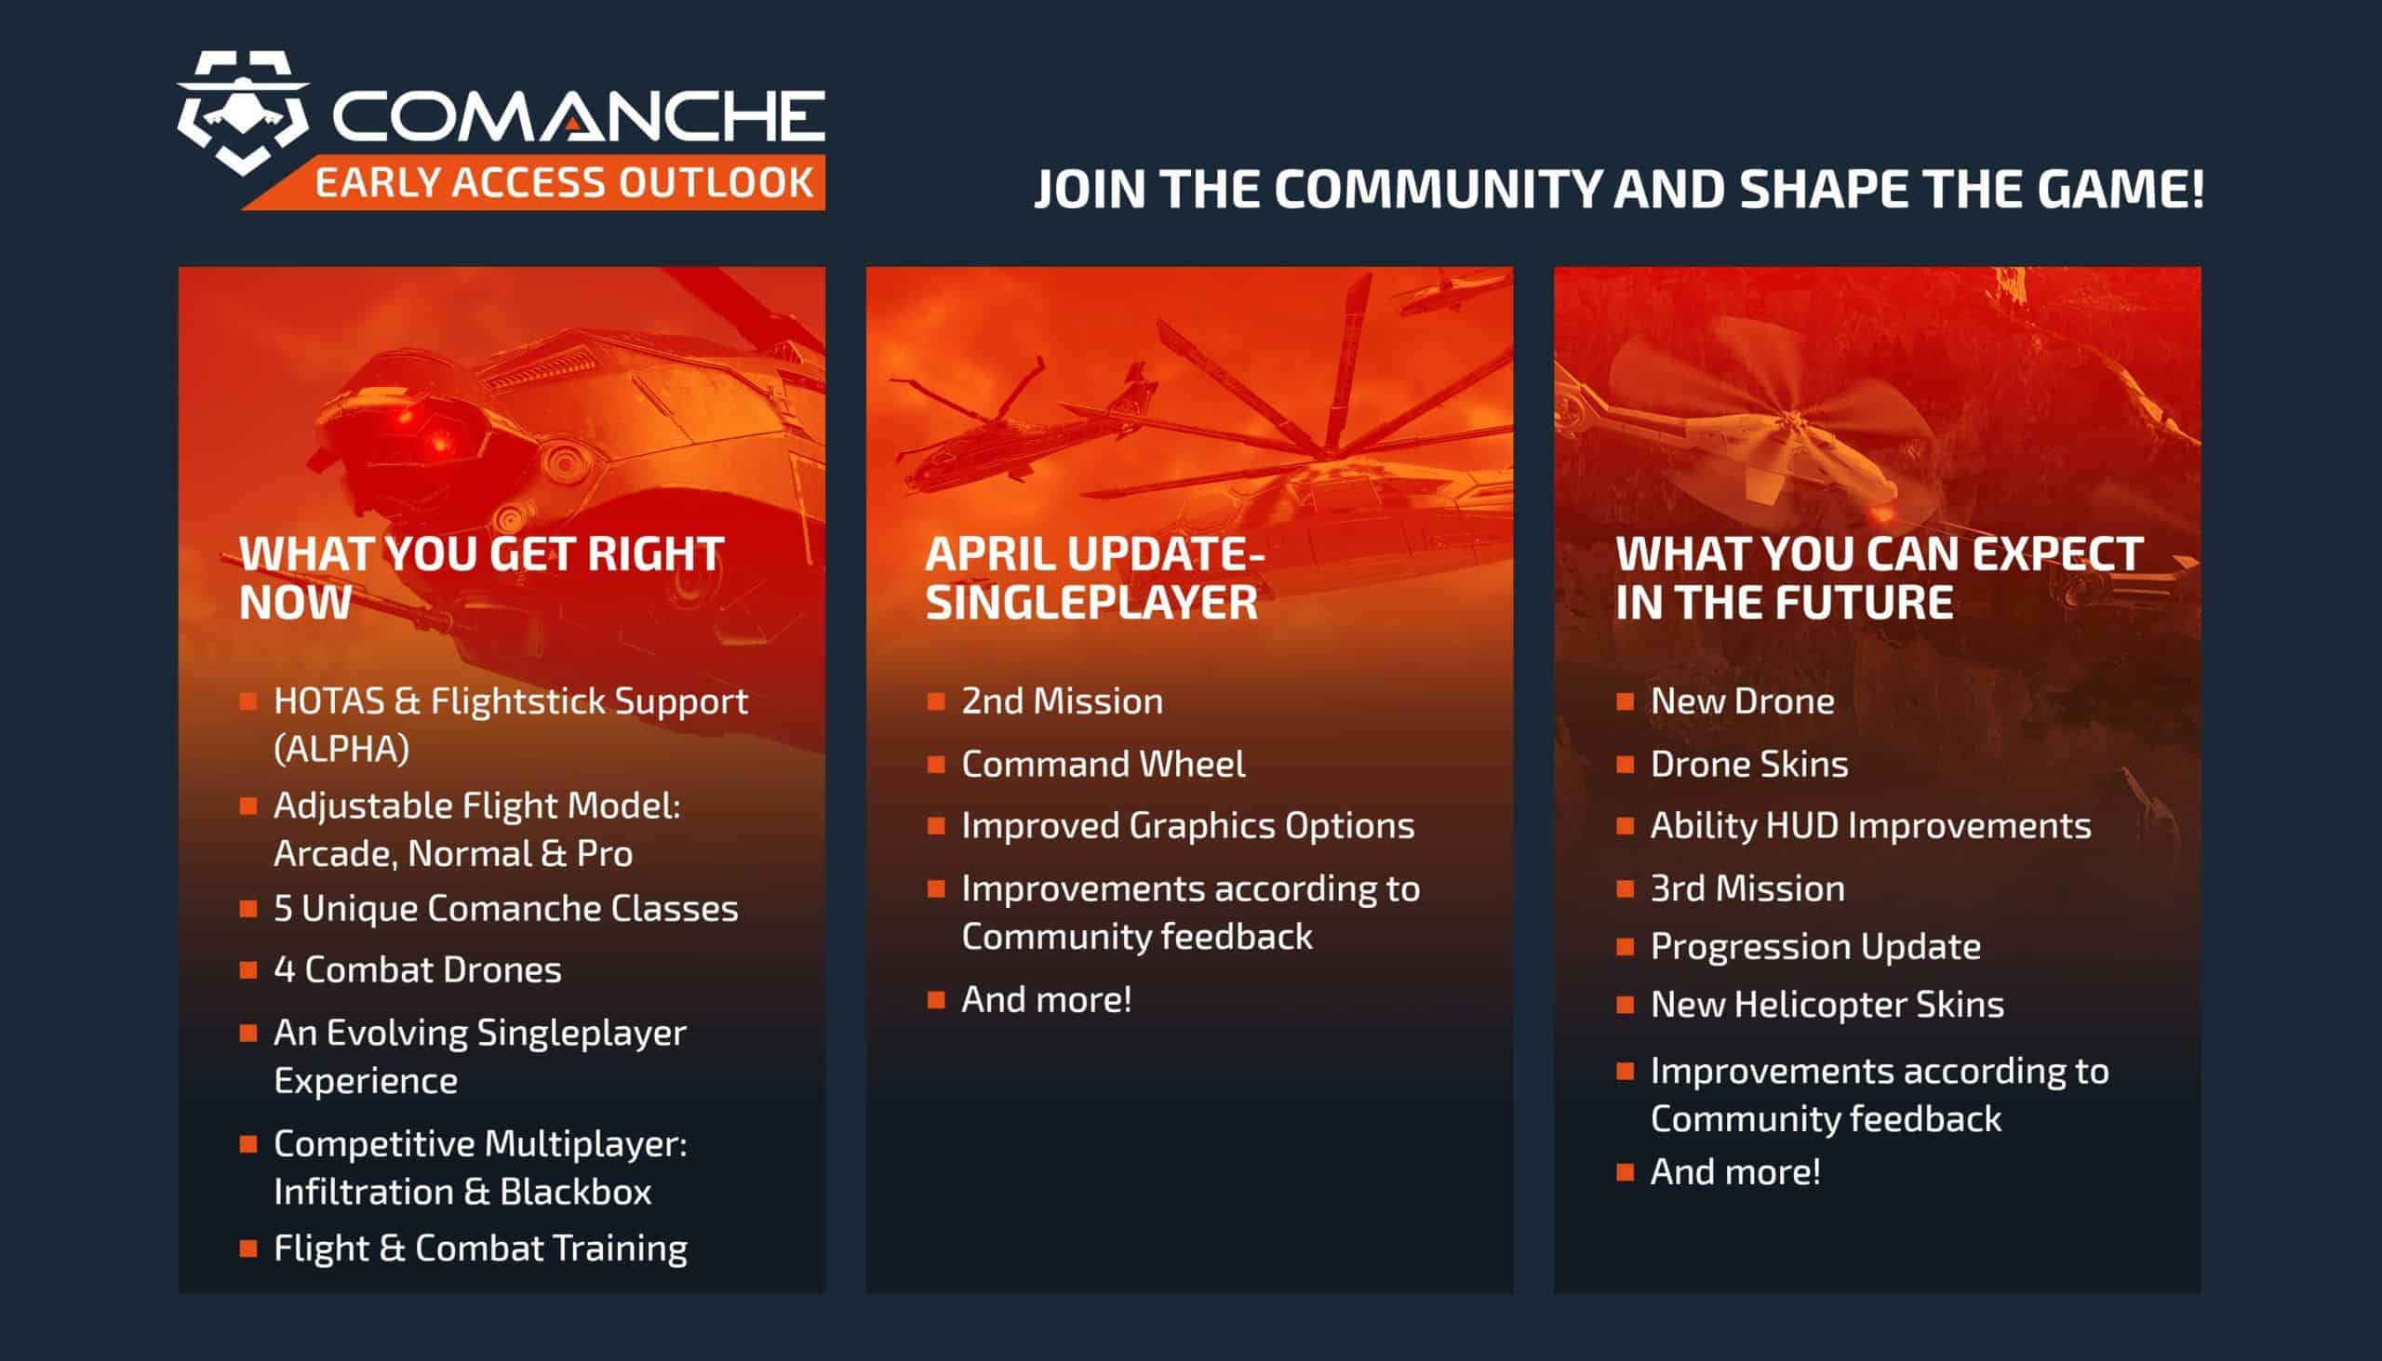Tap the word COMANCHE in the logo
[x=579, y=117]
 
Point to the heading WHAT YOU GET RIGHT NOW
[x=481, y=578]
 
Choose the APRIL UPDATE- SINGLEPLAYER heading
[x=1094, y=578]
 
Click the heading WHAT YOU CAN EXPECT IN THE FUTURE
[x=1879, y=578]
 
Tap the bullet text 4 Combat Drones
[x=417, y=970]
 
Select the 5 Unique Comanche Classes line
[x=506, y=909]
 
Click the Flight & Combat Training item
[x=480, y=1248]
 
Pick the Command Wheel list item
[x=1104, y=765]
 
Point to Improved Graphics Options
[x=1188, y=826]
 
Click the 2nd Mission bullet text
[x=1062, y=702]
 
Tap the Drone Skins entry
[x=1749, y=765]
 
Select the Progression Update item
[x=1815, y=947]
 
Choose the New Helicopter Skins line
[x=1827, y=1005]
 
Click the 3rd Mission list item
[x=1747, y=889]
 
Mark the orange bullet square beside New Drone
[x=1626, y=702]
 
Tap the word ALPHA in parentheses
[x=341, y=749]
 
